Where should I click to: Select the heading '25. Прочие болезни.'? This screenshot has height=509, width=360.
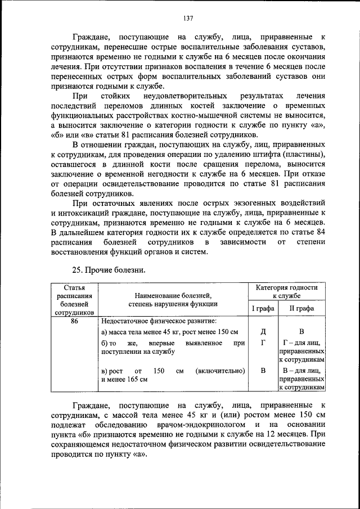pyautogui.click(x=109, y=270)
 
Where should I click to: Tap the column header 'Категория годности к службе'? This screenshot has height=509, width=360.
pyautogui.click(x=291, y=291)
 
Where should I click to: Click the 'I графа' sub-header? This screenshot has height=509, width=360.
pyautogui.click(x=263, y=308)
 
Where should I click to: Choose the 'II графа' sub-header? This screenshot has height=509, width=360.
pyautogui.click(x=303, y=308)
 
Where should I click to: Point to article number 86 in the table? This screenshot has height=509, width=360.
pyautogui.click(x=74, y=321)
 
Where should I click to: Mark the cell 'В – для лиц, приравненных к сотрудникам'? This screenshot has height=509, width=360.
pyautogui.click(x=303, y=379)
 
